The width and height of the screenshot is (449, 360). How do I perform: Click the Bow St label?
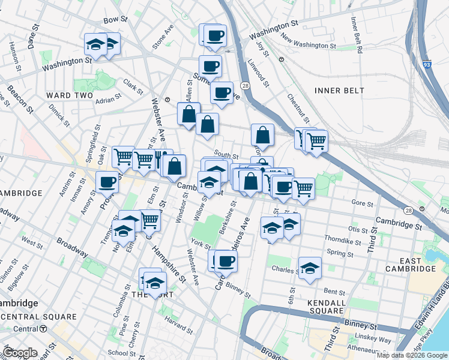pyautogui.click(x=116, y=20)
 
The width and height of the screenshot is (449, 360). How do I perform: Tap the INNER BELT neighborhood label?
pyautogui.click(x=339, y=90)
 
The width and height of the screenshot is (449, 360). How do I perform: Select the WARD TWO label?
pyautogui.click(x=69, y=95)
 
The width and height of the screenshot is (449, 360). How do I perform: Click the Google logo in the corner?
pyautogui.click(x=20, y=353)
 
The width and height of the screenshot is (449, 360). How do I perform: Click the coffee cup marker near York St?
pyautogui.click(x=226, y=262)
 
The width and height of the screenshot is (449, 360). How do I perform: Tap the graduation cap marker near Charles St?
pyautogui.click(x=310, y=268)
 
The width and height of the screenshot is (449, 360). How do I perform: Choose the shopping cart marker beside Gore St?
pyautogui.click(x=303, y=189)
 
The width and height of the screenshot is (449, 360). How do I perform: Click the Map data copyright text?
pyautogui.click(x=412, y=355)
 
